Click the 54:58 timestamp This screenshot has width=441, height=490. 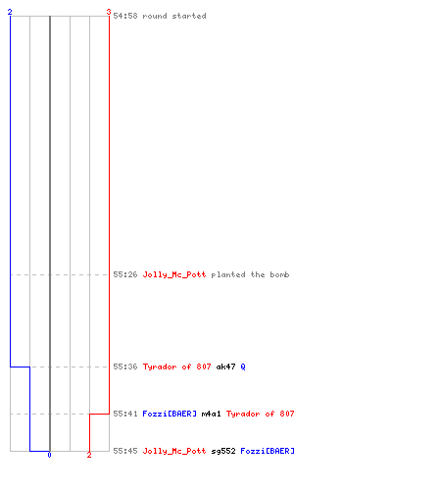point(125,16)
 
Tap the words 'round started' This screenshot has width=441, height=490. point(174,16)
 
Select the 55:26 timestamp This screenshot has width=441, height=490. point(125,274)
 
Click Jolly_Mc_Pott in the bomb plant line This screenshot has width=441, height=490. point(174,274)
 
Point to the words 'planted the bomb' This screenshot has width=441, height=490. point(250,274)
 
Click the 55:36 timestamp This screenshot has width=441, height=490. point(125,367)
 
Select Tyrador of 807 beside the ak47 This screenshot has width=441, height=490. point(176,367)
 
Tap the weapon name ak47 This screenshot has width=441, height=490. point(225,367)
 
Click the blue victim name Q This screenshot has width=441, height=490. point(243,367)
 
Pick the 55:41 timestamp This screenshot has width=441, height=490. point(125,414)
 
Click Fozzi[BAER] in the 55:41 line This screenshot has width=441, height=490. point(170,414)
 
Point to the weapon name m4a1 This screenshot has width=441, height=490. point(212,414)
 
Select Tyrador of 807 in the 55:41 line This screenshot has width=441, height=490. point(261,414)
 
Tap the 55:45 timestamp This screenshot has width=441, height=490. point(125,451)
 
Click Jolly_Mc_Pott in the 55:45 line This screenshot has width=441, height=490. point(174,451)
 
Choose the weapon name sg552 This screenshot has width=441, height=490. point(223,451)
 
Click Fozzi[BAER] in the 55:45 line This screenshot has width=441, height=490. point(268,451)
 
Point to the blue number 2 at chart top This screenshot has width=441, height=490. point(10,12)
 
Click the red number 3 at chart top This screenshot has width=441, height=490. point(109,12)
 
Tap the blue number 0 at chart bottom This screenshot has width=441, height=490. point(49,455)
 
